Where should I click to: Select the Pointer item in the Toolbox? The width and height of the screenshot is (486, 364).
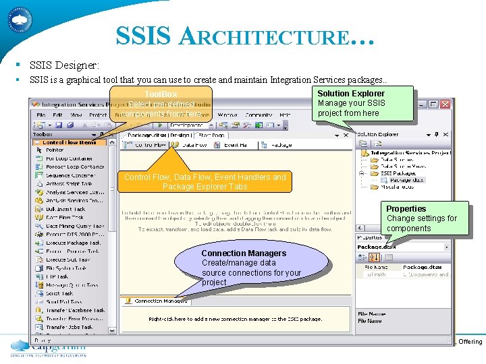tap(55, 150)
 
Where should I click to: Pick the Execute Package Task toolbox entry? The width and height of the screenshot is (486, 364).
tap(73, 243)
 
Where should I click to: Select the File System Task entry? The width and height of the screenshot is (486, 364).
tap(67, 268)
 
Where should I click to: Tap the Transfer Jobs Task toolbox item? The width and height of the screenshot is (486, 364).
tap(70, 327)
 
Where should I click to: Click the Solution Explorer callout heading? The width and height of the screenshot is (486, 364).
tap(351, 94)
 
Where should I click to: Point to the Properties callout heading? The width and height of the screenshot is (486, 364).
tap(406, 209)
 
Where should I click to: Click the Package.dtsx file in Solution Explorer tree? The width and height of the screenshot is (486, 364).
tap(406, 180)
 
